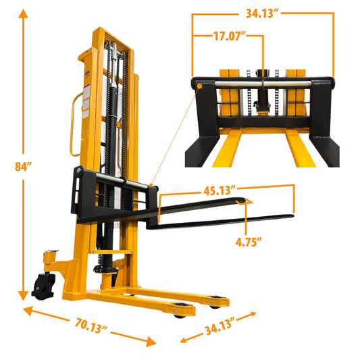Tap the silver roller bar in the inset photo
[263, 82]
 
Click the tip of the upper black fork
[249, 199]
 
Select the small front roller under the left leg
[179, 311]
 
